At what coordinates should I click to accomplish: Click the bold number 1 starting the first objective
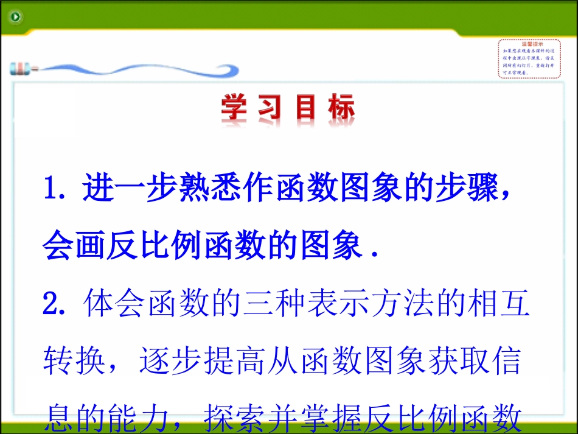[x=51, y=191]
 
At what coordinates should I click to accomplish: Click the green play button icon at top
[x=15, y=16]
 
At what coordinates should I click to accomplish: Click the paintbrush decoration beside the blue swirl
[x=23, y=68]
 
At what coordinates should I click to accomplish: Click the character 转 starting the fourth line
[x=59, y=363]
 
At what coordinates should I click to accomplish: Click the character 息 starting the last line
[x=59, y=418]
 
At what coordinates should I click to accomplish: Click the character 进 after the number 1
[x=99, y=191]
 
